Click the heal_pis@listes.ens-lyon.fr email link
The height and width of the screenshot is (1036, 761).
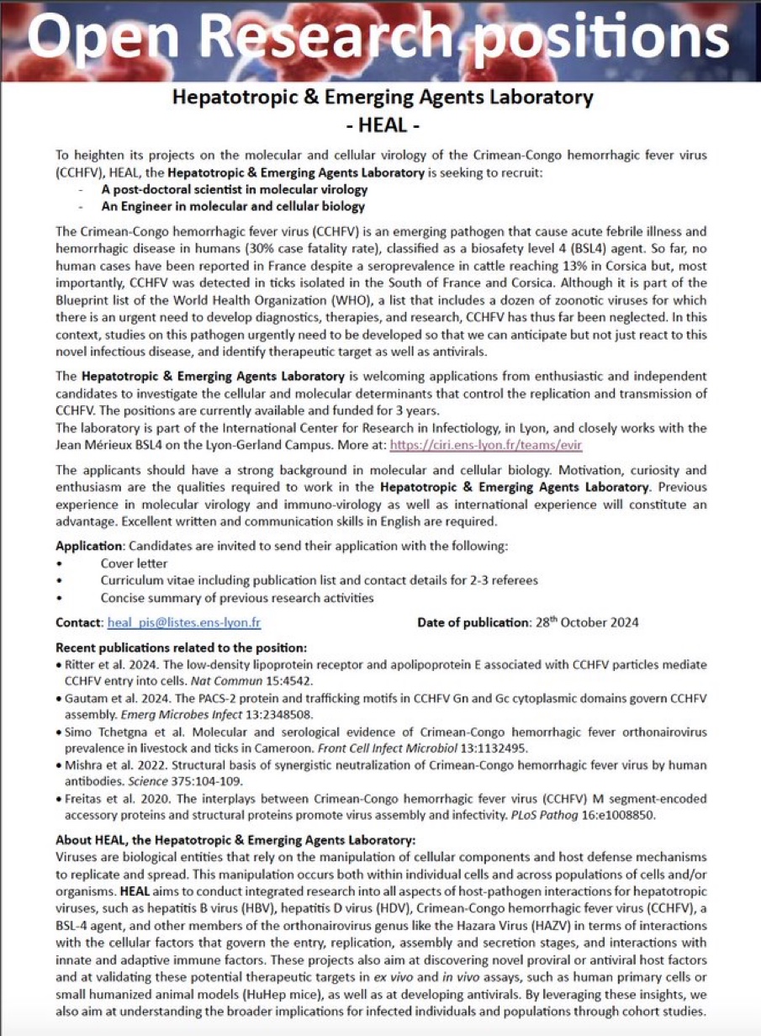pos(183,623)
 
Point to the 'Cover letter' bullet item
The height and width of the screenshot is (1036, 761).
pos(134,563)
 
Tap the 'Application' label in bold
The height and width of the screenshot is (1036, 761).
pos(89,546)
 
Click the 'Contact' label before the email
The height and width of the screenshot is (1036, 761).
pos(79,623)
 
